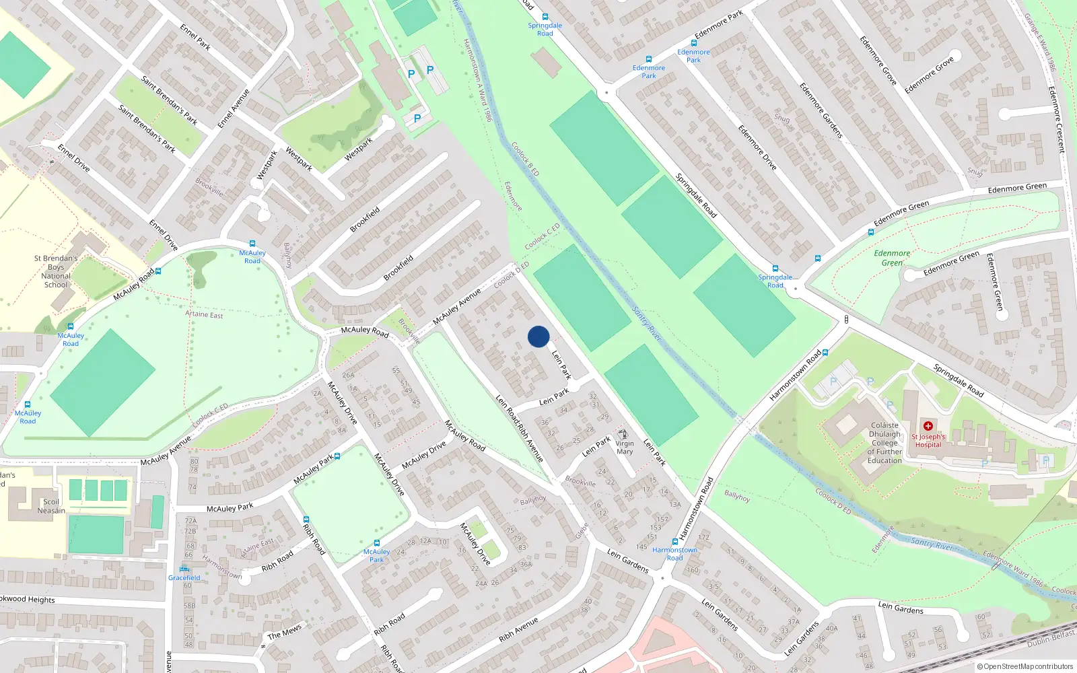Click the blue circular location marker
coord(538,336)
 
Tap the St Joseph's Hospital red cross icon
coord(928,426)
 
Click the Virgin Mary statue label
coord(624,448)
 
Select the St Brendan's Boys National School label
coord(56,271)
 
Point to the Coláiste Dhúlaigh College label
coord(884,443)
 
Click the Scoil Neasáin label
coord(51,506)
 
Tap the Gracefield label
coord(184,577)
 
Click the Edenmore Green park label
coord(892,258)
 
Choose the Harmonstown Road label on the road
coord(795,375)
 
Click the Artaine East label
coord(204,314)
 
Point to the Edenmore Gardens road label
coord(821,110)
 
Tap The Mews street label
coord(284,632)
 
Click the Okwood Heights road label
coord(27,599)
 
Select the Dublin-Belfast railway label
coord(1051,639)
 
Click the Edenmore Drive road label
coord(757,147)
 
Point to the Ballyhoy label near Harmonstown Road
coord(737,496)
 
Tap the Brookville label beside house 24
coord(580,482)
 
